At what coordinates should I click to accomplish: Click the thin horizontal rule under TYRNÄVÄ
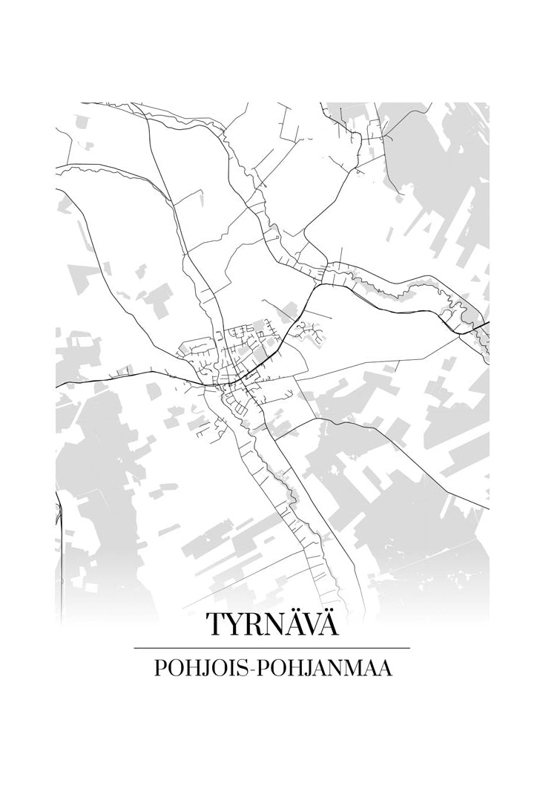[271, 648]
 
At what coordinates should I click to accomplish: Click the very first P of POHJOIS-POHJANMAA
[159, 668]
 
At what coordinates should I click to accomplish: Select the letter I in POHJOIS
[231, 668]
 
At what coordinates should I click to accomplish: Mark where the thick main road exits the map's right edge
[487, 323]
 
